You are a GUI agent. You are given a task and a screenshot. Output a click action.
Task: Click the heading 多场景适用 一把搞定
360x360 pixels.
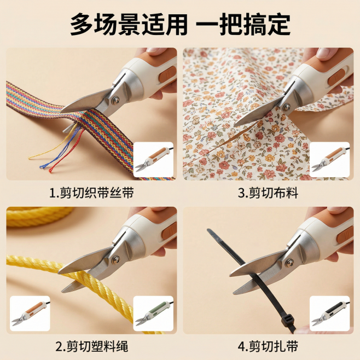(x=180, y=25)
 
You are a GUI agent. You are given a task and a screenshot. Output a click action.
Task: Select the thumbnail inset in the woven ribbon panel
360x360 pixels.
(x=154, y=159)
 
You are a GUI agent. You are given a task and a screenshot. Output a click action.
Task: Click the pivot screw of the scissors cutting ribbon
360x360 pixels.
(x=114, y=100)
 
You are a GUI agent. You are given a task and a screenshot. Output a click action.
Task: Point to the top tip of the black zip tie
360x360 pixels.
(x=210, y=231)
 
